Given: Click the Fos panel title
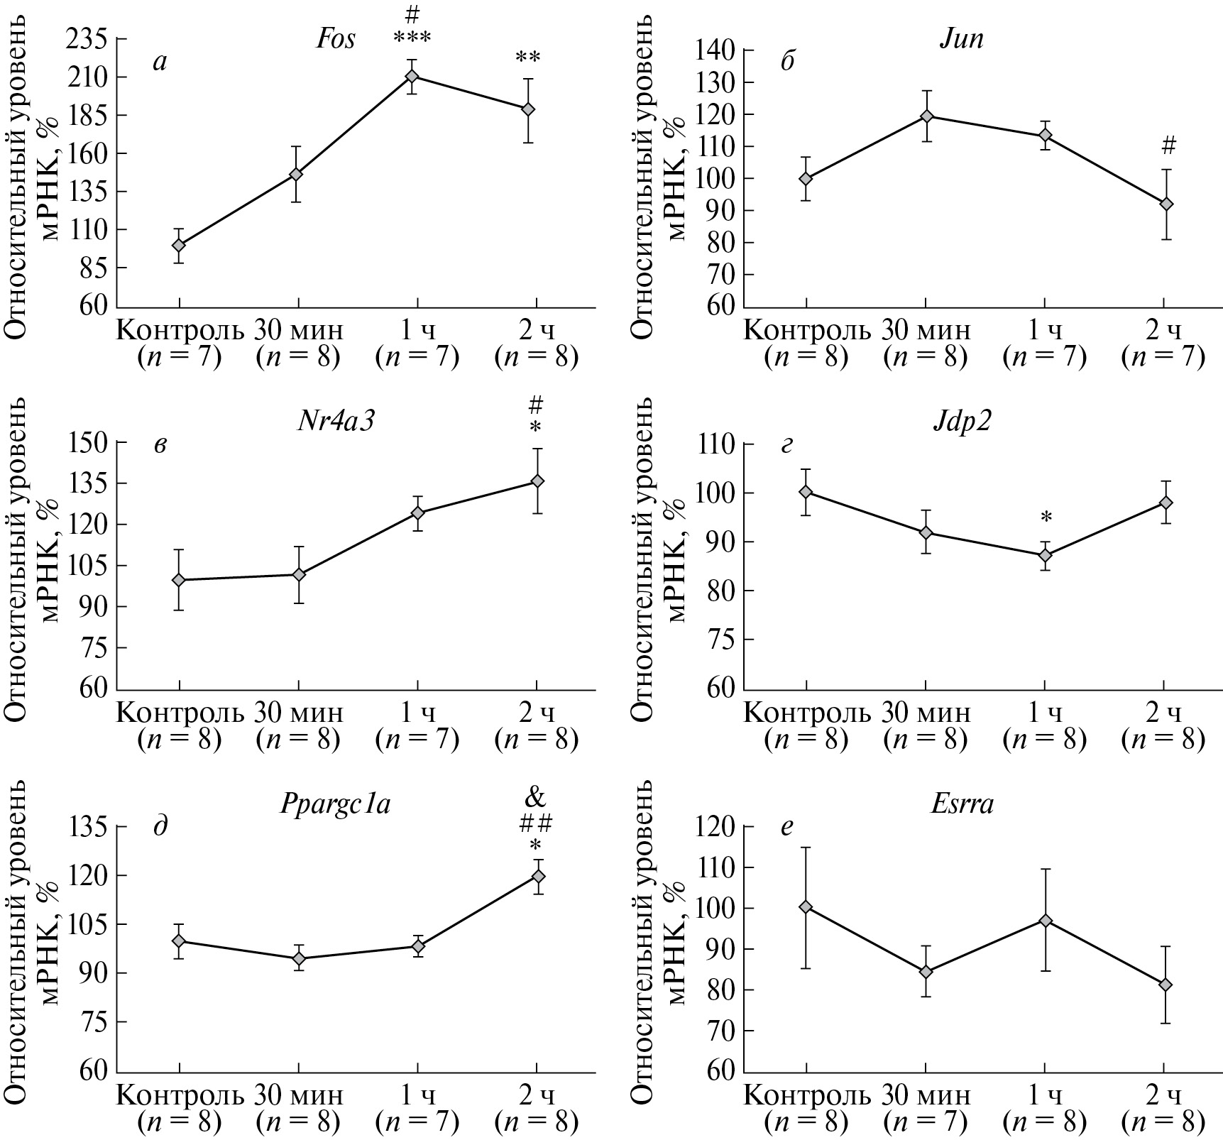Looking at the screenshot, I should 336,39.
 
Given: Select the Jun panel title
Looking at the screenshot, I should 961,39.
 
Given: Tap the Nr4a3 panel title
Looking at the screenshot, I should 336,422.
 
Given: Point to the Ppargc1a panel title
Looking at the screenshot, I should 336,806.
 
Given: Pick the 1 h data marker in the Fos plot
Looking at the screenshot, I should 412,76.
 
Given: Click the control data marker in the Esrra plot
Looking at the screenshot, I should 806,906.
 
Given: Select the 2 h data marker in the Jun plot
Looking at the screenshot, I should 1165,204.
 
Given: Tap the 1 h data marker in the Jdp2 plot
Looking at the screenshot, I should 1045,555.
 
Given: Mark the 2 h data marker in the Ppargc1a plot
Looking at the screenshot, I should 537,876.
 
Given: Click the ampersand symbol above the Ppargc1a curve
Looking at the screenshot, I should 536,798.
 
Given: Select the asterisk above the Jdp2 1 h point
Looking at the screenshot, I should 1046,519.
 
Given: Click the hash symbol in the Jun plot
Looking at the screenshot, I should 1168,146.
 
